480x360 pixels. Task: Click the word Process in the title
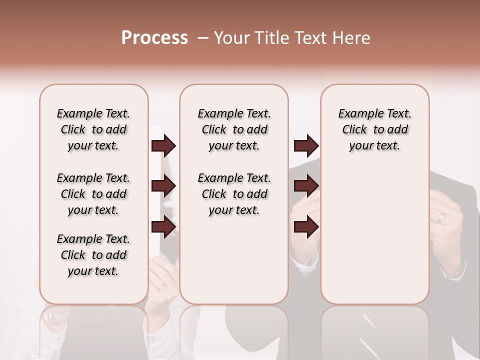click(x=154, y=38)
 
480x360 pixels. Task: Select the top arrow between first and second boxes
click(x=163, y=146)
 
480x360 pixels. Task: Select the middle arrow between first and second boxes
click(x=163, y=186)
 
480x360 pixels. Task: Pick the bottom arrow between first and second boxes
click(x=163, y=227)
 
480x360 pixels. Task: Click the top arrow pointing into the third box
click(x=306, y=146)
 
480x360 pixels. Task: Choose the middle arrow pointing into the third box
click(x=306, y=186)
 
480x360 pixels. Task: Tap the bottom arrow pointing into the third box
click(x=306, y=227)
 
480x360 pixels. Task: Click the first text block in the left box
click(x=93, y=129)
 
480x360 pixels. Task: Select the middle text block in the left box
click(x=93, y=194)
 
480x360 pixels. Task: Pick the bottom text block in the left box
click(x=93, y=255)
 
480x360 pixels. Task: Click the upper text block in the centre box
click(x=234, y=129)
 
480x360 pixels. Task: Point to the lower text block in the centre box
click(x=234, y=194)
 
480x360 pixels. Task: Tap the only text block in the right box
click(x=375, y=129)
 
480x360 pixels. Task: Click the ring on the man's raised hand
click(x=441, y=217)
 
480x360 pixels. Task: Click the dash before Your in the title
click(x=203, y=38)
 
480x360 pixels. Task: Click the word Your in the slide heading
click(x=231, y=38)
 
